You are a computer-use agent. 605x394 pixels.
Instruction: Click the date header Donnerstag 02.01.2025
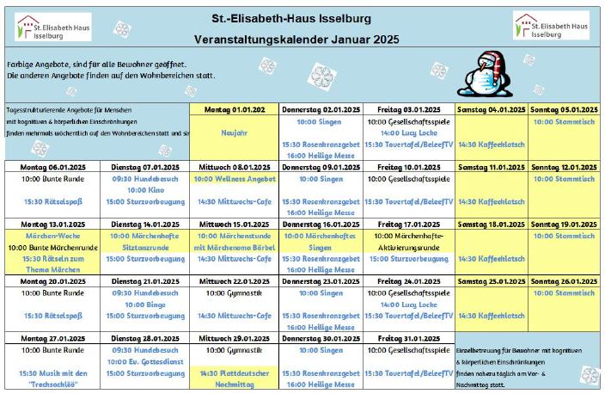pos(321,109)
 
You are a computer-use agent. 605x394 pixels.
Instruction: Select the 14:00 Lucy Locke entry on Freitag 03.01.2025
pos(408,133)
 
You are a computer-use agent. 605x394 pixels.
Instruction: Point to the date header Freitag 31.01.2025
pos(408,338)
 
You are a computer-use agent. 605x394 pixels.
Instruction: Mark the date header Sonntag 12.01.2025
pos(563,167)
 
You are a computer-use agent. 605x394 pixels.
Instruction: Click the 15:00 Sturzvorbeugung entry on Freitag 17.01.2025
pos(408,258)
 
